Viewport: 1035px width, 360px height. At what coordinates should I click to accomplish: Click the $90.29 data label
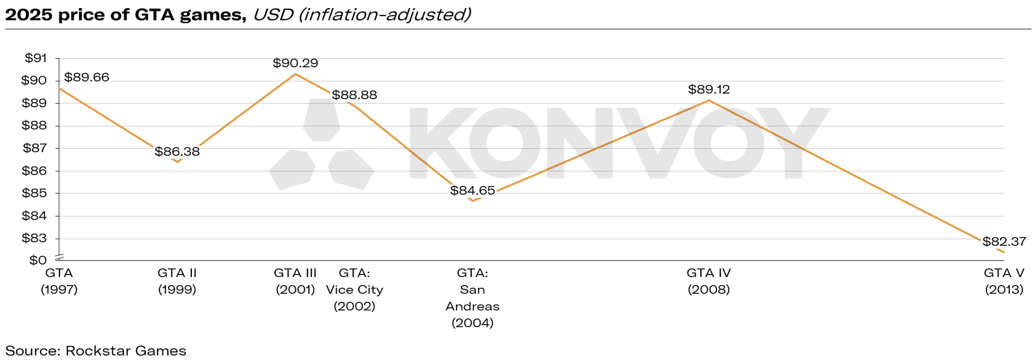295,63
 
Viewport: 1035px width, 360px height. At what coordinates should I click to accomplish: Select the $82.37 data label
1004,241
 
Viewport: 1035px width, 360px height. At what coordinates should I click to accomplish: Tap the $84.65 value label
472,190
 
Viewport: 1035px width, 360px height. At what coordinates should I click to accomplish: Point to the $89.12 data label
708,89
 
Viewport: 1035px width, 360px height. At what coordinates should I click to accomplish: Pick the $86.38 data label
177,151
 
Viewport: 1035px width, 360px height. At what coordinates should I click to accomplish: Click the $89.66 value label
86,77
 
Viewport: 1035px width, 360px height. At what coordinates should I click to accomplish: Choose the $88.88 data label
354,95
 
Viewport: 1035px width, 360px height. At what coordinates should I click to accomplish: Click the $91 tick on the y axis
36,58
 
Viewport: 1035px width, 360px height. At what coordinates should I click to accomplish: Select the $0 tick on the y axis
38,260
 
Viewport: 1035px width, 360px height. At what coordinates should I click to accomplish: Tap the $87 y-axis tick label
34,148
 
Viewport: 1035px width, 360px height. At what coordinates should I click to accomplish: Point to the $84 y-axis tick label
34,216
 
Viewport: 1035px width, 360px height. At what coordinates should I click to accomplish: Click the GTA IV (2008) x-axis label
708,281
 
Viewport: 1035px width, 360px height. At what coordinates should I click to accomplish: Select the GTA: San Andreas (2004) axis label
472,298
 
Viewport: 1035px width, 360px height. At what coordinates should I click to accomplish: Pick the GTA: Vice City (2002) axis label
354,289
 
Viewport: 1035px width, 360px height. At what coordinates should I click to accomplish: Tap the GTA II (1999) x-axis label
177,281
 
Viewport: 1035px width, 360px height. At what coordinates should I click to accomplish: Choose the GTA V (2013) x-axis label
1004,281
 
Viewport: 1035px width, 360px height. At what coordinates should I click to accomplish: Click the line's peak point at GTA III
295,74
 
